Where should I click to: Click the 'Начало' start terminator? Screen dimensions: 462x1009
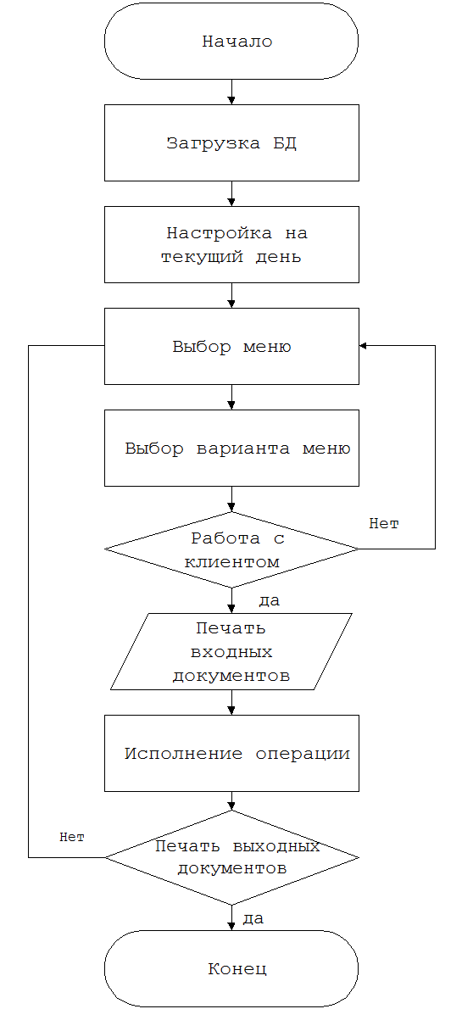(x=231, y=42)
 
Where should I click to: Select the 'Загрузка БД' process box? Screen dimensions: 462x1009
(x=231, y=142)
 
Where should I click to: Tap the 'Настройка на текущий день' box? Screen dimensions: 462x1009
(x=231, y=244)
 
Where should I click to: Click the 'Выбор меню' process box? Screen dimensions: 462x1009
(x=231, y=346)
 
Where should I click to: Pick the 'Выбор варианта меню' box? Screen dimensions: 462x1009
(x=231, y=448)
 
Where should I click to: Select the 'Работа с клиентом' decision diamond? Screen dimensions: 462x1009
(x=231, y=549)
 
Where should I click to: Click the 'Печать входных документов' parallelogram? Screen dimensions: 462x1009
(x=231, y=651)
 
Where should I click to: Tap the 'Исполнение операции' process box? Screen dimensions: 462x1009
(x=231, y=753)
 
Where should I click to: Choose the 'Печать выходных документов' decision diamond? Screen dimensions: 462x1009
(x=231, y=856)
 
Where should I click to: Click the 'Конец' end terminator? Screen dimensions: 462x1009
(x=231, y=968)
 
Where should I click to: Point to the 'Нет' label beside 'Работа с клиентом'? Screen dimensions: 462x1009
(x=384, y=524)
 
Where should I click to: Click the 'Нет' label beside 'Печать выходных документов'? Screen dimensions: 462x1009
(x=72, y=837)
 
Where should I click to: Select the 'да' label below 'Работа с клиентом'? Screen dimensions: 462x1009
(x=269, y=602)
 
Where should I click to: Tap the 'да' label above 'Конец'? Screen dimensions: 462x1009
(x=253, y=919)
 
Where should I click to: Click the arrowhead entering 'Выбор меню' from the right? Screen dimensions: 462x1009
(x=363, y=346)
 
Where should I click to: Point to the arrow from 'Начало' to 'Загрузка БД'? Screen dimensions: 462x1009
(x=231, y=92)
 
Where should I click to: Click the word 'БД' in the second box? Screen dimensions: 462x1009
(x=285, y=143)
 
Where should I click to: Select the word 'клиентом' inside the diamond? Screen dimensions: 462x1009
(x=231, y=562)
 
